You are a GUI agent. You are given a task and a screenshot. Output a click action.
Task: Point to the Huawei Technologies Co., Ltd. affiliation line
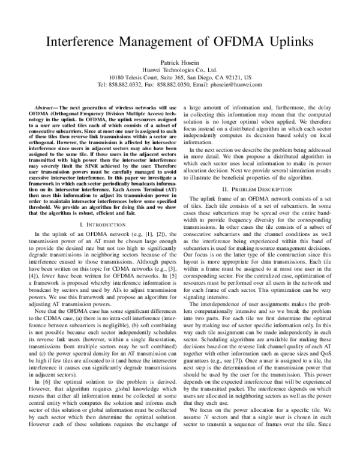[180, 69]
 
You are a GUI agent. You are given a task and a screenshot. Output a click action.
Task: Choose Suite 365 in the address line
[163, 77]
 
